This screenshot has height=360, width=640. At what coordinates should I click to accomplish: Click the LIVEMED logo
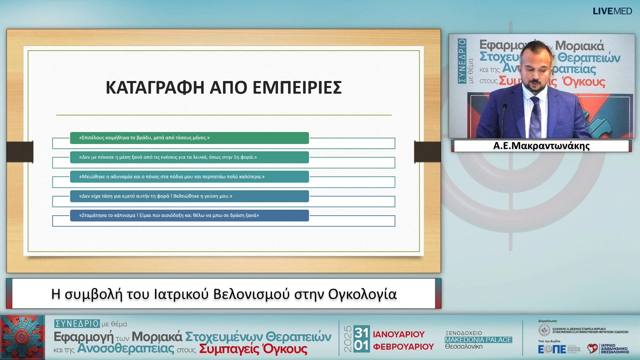612,11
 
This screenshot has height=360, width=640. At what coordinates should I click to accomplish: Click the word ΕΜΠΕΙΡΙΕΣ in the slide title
297,88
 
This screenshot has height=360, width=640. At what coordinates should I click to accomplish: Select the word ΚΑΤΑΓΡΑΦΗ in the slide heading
155,88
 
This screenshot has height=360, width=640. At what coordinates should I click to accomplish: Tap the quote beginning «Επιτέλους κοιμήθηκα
144,138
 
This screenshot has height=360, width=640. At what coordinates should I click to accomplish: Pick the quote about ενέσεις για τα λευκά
168,157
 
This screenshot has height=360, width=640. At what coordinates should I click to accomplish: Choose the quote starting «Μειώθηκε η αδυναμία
172,177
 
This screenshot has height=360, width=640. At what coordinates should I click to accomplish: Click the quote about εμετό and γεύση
156,196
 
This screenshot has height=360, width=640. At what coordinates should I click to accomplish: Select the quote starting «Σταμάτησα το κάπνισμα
169,215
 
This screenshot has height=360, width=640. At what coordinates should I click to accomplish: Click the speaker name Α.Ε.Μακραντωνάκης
541,146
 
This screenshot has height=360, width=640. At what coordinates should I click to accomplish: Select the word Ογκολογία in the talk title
362,294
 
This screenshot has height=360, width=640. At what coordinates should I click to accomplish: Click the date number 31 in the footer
361,332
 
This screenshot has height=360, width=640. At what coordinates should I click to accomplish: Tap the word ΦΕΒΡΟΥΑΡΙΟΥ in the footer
403,347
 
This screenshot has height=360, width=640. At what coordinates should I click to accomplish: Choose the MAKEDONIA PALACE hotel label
478,340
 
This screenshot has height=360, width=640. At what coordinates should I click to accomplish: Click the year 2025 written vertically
348,339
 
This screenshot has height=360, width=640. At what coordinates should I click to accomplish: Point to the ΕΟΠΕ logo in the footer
552,349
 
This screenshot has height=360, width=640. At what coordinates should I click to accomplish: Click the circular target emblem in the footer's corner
22,337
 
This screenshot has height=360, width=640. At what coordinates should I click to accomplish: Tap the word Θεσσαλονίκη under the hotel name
464,347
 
